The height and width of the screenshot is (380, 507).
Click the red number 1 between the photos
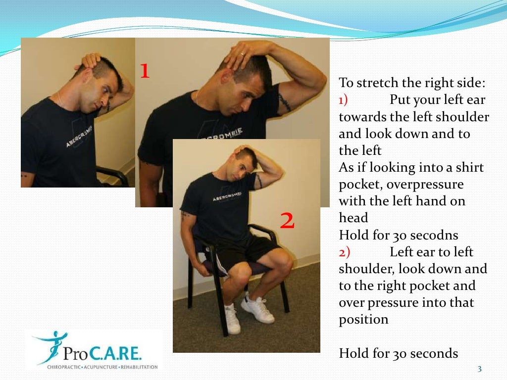pyautogui.click(x=144, y=71)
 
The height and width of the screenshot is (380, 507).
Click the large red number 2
pyautogui.click(x=287, y=221)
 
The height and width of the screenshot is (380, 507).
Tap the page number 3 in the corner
pyautogui.click(x=479, y=369)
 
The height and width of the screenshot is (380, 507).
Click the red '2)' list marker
pyautogui.click(x=344, y=252)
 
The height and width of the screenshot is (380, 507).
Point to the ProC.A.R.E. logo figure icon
pyautogui.click(x=49, y=347)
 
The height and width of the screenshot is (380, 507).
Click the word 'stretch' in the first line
pyautogui.click(x=379, y=82)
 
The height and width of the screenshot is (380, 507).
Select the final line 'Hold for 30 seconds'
pyautogui.click(x=398, y=353)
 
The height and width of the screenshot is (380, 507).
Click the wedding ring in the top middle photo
pyautogui.click(x=242, y=53)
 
